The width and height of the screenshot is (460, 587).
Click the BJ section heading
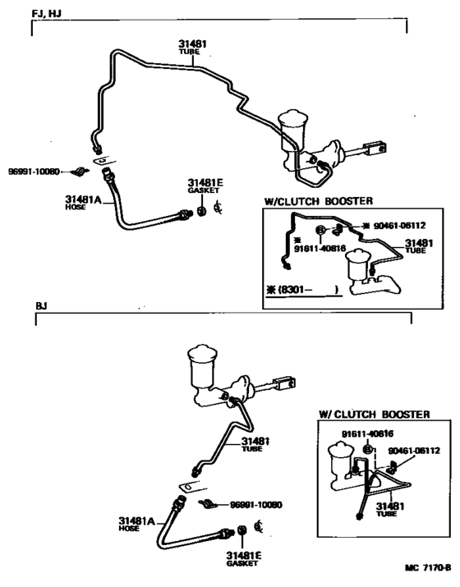(x=41, y=305)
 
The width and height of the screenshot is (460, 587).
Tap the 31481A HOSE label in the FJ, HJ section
(x=83, y=202)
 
